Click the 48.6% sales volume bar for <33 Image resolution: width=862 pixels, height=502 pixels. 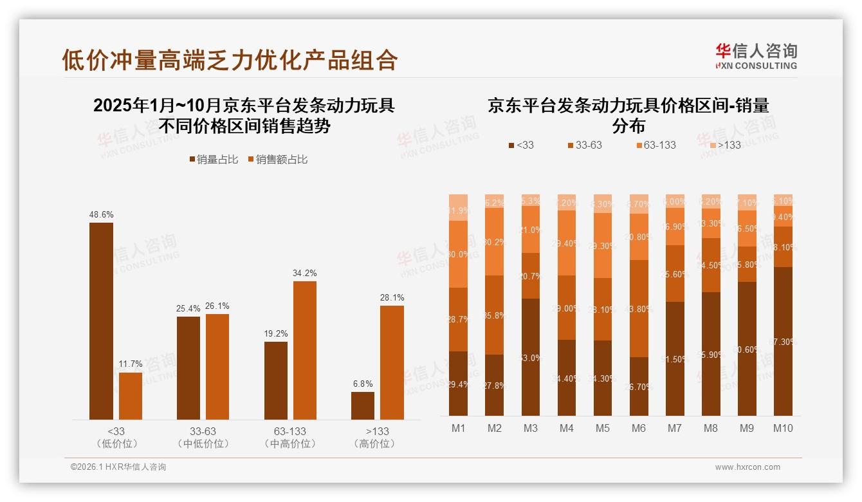click(x=101, y=321)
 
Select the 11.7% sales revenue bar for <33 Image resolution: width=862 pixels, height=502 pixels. click(x=131, y=396)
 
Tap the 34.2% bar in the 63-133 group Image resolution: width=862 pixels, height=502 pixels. click(x=305, y=350)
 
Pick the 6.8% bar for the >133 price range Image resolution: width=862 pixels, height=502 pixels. click(x=363, y=405)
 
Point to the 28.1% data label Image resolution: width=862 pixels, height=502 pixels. click(x=392, y=297)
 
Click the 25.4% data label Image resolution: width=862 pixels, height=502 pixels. click(x=188, y=308)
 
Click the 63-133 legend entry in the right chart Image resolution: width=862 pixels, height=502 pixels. click(x=656, y=145)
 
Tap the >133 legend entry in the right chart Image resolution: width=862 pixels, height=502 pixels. click(x=725, y=145)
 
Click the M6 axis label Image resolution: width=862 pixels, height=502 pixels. click(x=639, y=428)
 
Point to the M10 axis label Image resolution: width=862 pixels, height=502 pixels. click(x=783, y=428)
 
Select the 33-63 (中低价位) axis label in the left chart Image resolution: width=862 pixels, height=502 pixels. click(x=203, y=437)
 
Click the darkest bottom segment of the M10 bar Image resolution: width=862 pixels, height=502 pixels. click(x=783, y=341)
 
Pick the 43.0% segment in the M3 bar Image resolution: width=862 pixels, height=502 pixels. click(x=531, y=357)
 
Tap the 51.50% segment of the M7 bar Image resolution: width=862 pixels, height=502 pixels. click(x=675, y=358)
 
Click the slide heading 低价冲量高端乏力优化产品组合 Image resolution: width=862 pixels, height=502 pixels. click(x=230, y=60)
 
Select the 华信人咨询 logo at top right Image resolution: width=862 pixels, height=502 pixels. click(x=756, y=56)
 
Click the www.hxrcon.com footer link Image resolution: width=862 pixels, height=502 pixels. click(x=747, y=467)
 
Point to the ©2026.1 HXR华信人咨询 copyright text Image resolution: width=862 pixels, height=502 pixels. click(x=118, y=467)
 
